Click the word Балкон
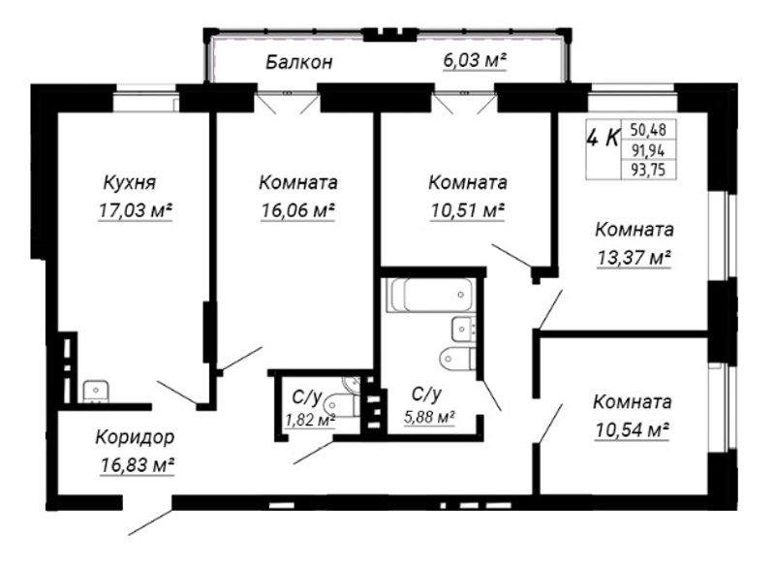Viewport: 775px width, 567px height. click(x=299, y=62)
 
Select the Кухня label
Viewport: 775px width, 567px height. click(x=130, y=182)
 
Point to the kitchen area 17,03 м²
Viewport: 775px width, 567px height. click(x=136, y=210)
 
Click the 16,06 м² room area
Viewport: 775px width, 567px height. click(x=298, y=210)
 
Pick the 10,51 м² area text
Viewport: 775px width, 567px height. click(x=468, y=210)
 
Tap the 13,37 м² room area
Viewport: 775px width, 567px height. click(x=635, y=258)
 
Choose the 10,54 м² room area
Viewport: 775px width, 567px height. click(x=633, y=430)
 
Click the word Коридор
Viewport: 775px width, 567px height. click(x=135, y=437)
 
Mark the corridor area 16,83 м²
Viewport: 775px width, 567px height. click(x=137, y=465)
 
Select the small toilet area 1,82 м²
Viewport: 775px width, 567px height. click(x=310, y=420)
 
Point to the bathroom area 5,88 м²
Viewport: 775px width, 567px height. click(x=429, y=417)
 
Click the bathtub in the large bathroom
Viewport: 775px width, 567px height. click(x=429, y=295)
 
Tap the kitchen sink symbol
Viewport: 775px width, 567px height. click(x=96, y=391)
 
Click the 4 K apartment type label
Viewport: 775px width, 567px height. click(x=603, y=138)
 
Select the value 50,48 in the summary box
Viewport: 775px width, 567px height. click(x=648, y=130)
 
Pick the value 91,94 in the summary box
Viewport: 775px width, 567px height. click(x=648, y=150)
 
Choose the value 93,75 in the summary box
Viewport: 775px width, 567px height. click(x=648, y=170)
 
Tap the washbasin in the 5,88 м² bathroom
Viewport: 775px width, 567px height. click(x=464, y=329)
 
